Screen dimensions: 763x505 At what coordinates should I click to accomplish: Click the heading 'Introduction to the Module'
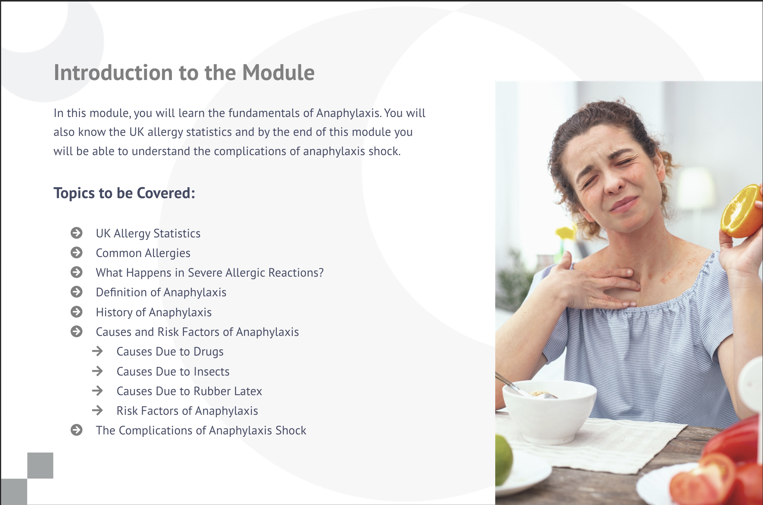(184, 72)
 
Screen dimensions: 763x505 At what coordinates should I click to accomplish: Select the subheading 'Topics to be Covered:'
(124, 193)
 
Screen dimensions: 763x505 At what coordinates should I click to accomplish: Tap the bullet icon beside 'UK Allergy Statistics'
(77, 233)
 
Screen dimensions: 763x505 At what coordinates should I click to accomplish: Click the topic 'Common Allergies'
(143, 253)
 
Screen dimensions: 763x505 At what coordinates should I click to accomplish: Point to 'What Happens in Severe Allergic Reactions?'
(210, 273)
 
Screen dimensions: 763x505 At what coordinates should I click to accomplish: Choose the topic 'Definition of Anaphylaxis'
(161, 292)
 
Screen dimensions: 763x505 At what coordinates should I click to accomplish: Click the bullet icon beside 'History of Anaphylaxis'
(77, 312)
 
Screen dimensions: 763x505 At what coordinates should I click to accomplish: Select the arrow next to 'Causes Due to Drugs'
(97, 351)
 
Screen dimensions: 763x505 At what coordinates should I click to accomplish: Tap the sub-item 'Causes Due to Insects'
(173, 371)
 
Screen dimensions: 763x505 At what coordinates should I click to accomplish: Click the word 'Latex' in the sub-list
(248, 391)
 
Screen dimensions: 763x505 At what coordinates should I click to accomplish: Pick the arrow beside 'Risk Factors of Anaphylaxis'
(97, 410)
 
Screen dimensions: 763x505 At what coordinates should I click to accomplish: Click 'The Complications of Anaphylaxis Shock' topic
(201, 430)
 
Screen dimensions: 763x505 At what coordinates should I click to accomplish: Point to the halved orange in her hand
(741, 211)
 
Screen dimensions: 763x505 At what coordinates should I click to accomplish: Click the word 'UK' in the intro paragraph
(137, 132)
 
